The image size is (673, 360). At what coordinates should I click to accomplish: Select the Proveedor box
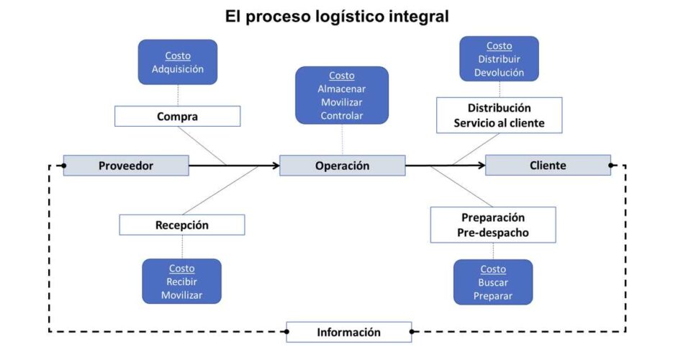click(x=126, y=166)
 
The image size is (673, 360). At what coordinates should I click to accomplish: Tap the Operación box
click(x=342, y=166)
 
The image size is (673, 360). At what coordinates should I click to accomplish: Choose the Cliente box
click(x=548, y=166)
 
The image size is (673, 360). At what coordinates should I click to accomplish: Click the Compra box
click(x=177, y=116)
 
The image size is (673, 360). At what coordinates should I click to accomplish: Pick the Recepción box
click(x=181, y=225)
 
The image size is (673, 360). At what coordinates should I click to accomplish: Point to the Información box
click(x=349, y=332)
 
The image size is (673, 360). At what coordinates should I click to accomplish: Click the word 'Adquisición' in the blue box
click(x=178, y=69)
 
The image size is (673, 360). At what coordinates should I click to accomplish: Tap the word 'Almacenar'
click(x=342, y=89)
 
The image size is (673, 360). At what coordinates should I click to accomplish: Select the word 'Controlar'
click(x=342, y=115)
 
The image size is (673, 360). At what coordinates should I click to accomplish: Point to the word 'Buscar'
click(x=493, y=282)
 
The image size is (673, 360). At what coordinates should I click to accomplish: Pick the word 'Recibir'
click(x=181, y=282)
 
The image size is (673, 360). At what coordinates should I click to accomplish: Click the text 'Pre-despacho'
click(x=493, y=233)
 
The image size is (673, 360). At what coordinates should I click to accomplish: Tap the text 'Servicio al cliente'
click(x=499, y=123)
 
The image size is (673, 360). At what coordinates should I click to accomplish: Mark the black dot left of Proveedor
click(x=64, y=166)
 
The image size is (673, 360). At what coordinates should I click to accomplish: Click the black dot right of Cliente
click(x=610, y=166)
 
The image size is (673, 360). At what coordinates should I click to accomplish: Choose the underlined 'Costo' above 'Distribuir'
click(x=499, y=46)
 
